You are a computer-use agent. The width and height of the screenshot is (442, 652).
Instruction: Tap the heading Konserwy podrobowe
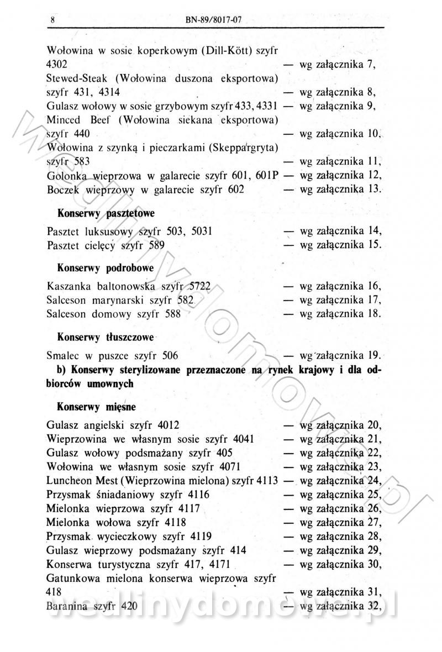106,267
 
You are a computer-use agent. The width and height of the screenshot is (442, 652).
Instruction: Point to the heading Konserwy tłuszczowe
106,336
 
